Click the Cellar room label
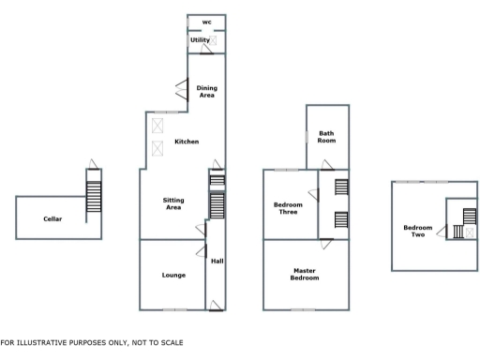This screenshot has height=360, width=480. click(x=52, y=218)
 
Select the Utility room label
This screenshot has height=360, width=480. click(x=200, y=40)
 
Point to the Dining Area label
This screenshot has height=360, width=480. click(x=206, y=91)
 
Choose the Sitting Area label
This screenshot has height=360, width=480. click(x=172, y=203)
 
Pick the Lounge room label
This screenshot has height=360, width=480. click(x=172, y=275)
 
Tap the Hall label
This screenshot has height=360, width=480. click(x=217, y=261)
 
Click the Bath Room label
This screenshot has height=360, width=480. click(x=326, y=138)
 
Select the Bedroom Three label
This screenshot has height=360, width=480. click(x=287, y=208)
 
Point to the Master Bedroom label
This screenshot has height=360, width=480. click(x=304, y=275)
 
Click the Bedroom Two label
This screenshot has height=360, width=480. click(x=418, y=231)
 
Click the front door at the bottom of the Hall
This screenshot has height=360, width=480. click(x=217, y=303)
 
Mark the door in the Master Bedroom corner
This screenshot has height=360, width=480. click(x=325, y=244)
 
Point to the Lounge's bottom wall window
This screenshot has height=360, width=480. click(x=173, y=309)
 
